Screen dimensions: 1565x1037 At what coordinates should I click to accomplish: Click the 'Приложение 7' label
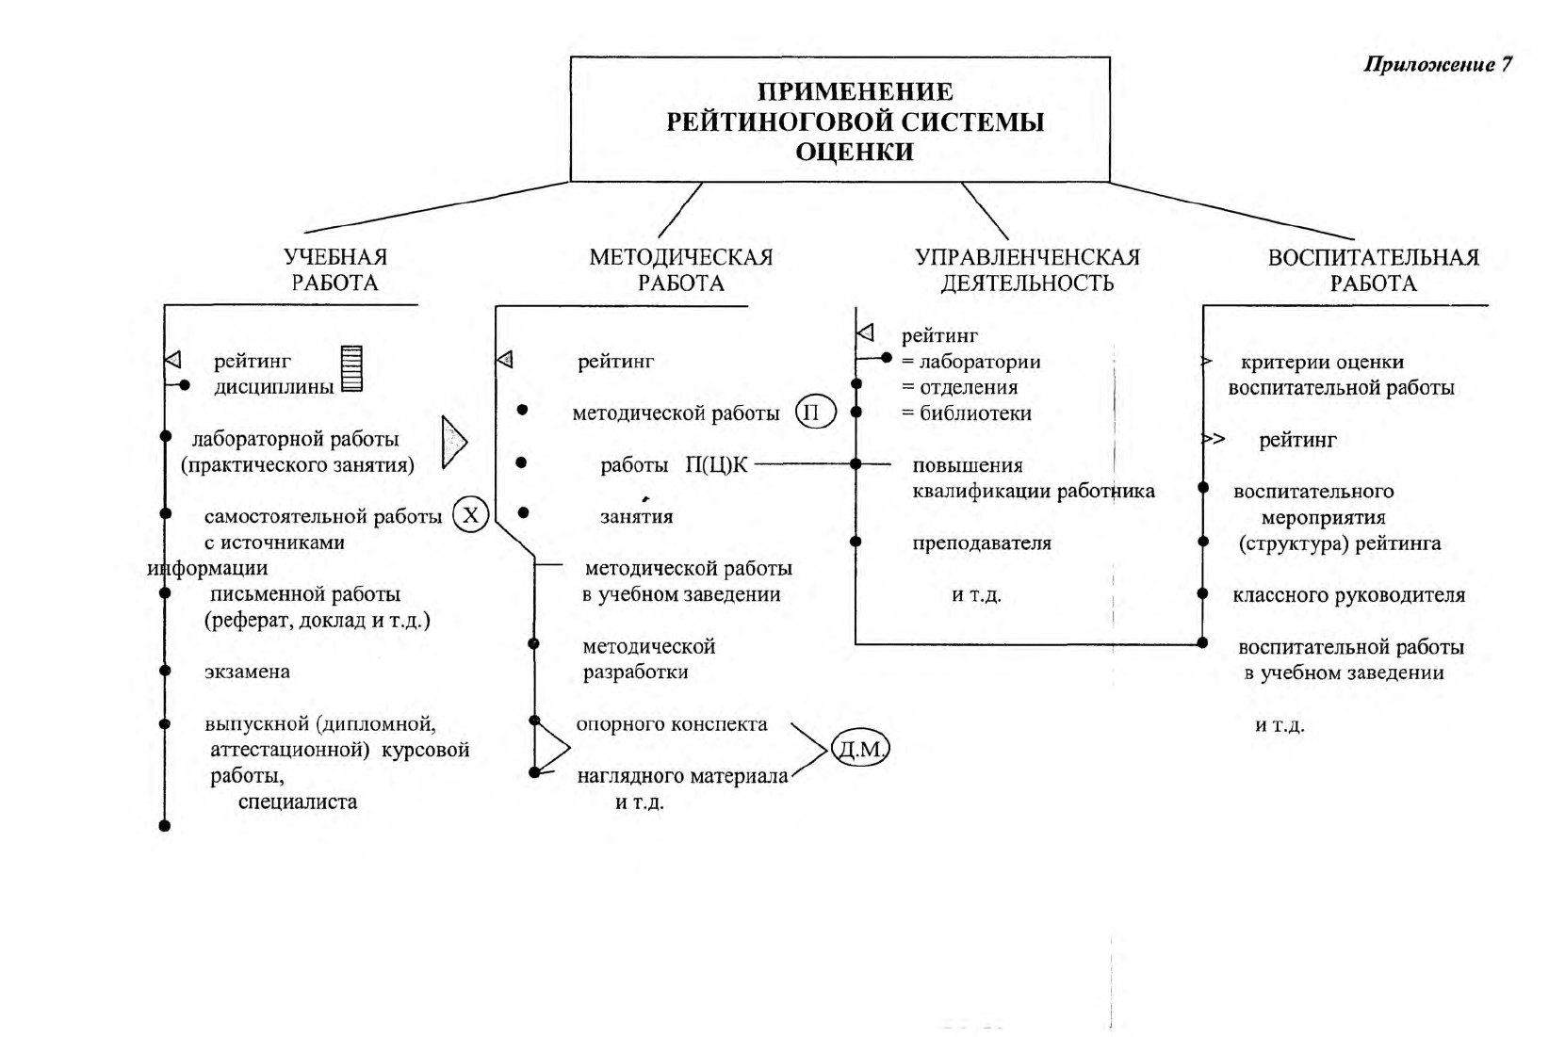pyautogui.click(x=1438, y=65)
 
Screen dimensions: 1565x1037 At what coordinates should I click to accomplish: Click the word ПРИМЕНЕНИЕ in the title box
pyautogui.click(x=856, y=91)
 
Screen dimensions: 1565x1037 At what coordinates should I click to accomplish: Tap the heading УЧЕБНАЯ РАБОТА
pyautogui.click(x=334, y=269)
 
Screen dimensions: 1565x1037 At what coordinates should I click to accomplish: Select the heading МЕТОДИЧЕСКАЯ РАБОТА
pyautogui.click(x=680, y=270)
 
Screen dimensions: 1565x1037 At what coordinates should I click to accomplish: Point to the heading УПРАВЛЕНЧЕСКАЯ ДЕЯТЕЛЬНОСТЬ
pyautogui.click(x=1027, y=270)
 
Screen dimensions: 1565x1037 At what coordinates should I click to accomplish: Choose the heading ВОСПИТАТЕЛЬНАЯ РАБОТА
pyautogui.click(x=1373, y=270)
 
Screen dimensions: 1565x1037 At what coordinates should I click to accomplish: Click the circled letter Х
pyautogui.click(x=470, y=514)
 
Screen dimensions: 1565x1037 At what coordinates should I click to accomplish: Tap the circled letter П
pyautogui.click(x=815, y=412)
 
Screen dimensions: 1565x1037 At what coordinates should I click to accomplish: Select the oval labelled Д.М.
pyautogui.click(x=860, y=749)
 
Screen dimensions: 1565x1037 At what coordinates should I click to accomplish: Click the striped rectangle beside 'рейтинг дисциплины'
pyautogui.click(x=351, y=368)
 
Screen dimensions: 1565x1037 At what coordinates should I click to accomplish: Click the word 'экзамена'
pyautogui.click(x=247, y=672)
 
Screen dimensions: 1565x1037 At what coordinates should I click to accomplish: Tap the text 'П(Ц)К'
pyautogui.click(x=716, y=464)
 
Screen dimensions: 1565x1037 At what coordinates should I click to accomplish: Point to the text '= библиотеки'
pyautogui.click(x=967, y=413)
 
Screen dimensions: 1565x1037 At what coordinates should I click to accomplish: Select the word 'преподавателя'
pyautogui.click(x=982, y=543)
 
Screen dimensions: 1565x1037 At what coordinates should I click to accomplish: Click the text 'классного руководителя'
pyautogui.click(x=1348, y=595)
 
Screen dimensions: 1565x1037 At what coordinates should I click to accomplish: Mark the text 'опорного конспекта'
pyautogui.click(x=672, y=725)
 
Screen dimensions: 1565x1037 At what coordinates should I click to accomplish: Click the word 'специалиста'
pyautogui.click(x=298, y=802)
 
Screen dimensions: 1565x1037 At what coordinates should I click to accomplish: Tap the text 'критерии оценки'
pyautogui.click(x=1322, y=363)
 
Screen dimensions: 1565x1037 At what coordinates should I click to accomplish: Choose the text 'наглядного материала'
pyautogui.click(x=682, y=776)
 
